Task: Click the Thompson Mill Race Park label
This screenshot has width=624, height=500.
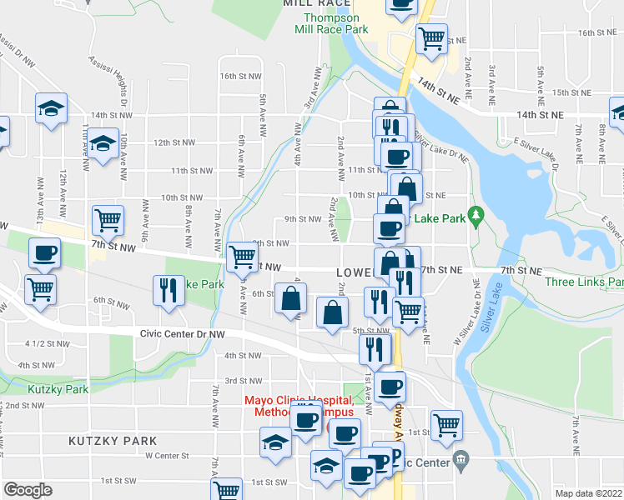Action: tap(331, 23)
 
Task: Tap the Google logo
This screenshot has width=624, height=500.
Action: tap(28, 490)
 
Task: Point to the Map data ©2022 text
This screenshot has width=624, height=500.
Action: tap(587, 493)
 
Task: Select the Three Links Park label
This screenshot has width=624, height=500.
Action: tap(584, 282)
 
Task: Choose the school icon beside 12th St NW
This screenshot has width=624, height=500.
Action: tap(103, 143)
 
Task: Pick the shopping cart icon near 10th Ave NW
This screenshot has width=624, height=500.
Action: tap(108, 221)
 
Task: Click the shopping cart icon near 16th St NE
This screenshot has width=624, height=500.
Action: tap(430, 38)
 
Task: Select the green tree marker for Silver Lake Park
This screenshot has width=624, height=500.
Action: tap(476, 215)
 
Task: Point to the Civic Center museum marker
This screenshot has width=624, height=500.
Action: tap(460, 460)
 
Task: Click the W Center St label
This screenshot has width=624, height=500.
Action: tap(168, 456)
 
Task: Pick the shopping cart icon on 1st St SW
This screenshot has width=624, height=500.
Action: tap(226, 490)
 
